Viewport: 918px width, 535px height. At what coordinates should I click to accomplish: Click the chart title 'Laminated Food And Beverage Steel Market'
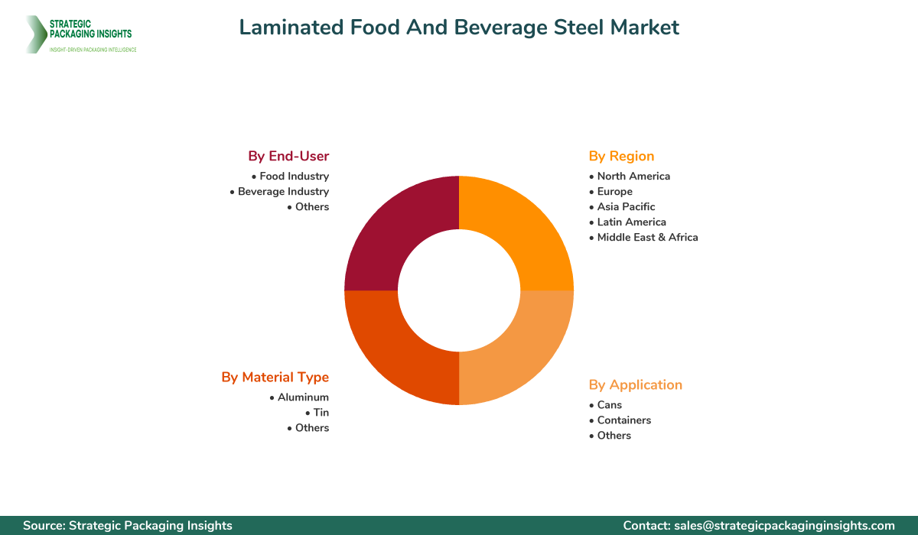coord(459,28)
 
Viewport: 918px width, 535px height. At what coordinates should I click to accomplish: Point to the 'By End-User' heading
coord(288,156)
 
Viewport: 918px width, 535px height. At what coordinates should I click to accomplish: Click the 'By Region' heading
coord(621,156)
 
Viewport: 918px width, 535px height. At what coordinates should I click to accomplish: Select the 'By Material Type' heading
coord(275,377)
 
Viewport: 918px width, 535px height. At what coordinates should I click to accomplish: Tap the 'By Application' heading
coord(635,384)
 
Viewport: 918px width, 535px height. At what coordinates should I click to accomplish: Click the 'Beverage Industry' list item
coord(283,191)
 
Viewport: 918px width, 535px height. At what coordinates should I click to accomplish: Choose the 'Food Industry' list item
coord(294,176)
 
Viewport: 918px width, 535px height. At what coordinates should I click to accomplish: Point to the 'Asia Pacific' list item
coord(626,206)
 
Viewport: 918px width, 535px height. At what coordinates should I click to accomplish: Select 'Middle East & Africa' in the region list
coord(647,237)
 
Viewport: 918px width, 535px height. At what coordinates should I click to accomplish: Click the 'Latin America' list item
coord(631,222)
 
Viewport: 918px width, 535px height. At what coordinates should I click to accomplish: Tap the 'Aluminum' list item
coord(303,397)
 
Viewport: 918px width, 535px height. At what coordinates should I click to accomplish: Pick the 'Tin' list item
coord(321,413)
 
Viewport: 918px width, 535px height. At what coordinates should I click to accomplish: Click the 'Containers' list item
coord(624,420)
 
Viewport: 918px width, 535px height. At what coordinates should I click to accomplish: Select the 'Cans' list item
coord(610,404)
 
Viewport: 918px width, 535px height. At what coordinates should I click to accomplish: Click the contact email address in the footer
coord(783,525)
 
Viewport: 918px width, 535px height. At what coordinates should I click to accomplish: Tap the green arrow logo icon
coord(34,34)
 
